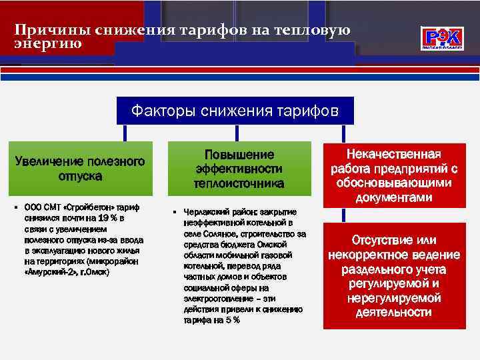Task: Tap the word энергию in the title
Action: [48, 44]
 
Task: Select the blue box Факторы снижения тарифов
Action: [235, 109]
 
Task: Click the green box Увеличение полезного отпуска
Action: [80, 169]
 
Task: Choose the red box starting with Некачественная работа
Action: [393, 175]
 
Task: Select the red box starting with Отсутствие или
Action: [393, 276]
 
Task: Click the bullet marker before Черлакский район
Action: [174, 213]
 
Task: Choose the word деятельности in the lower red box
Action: [393, 312]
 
